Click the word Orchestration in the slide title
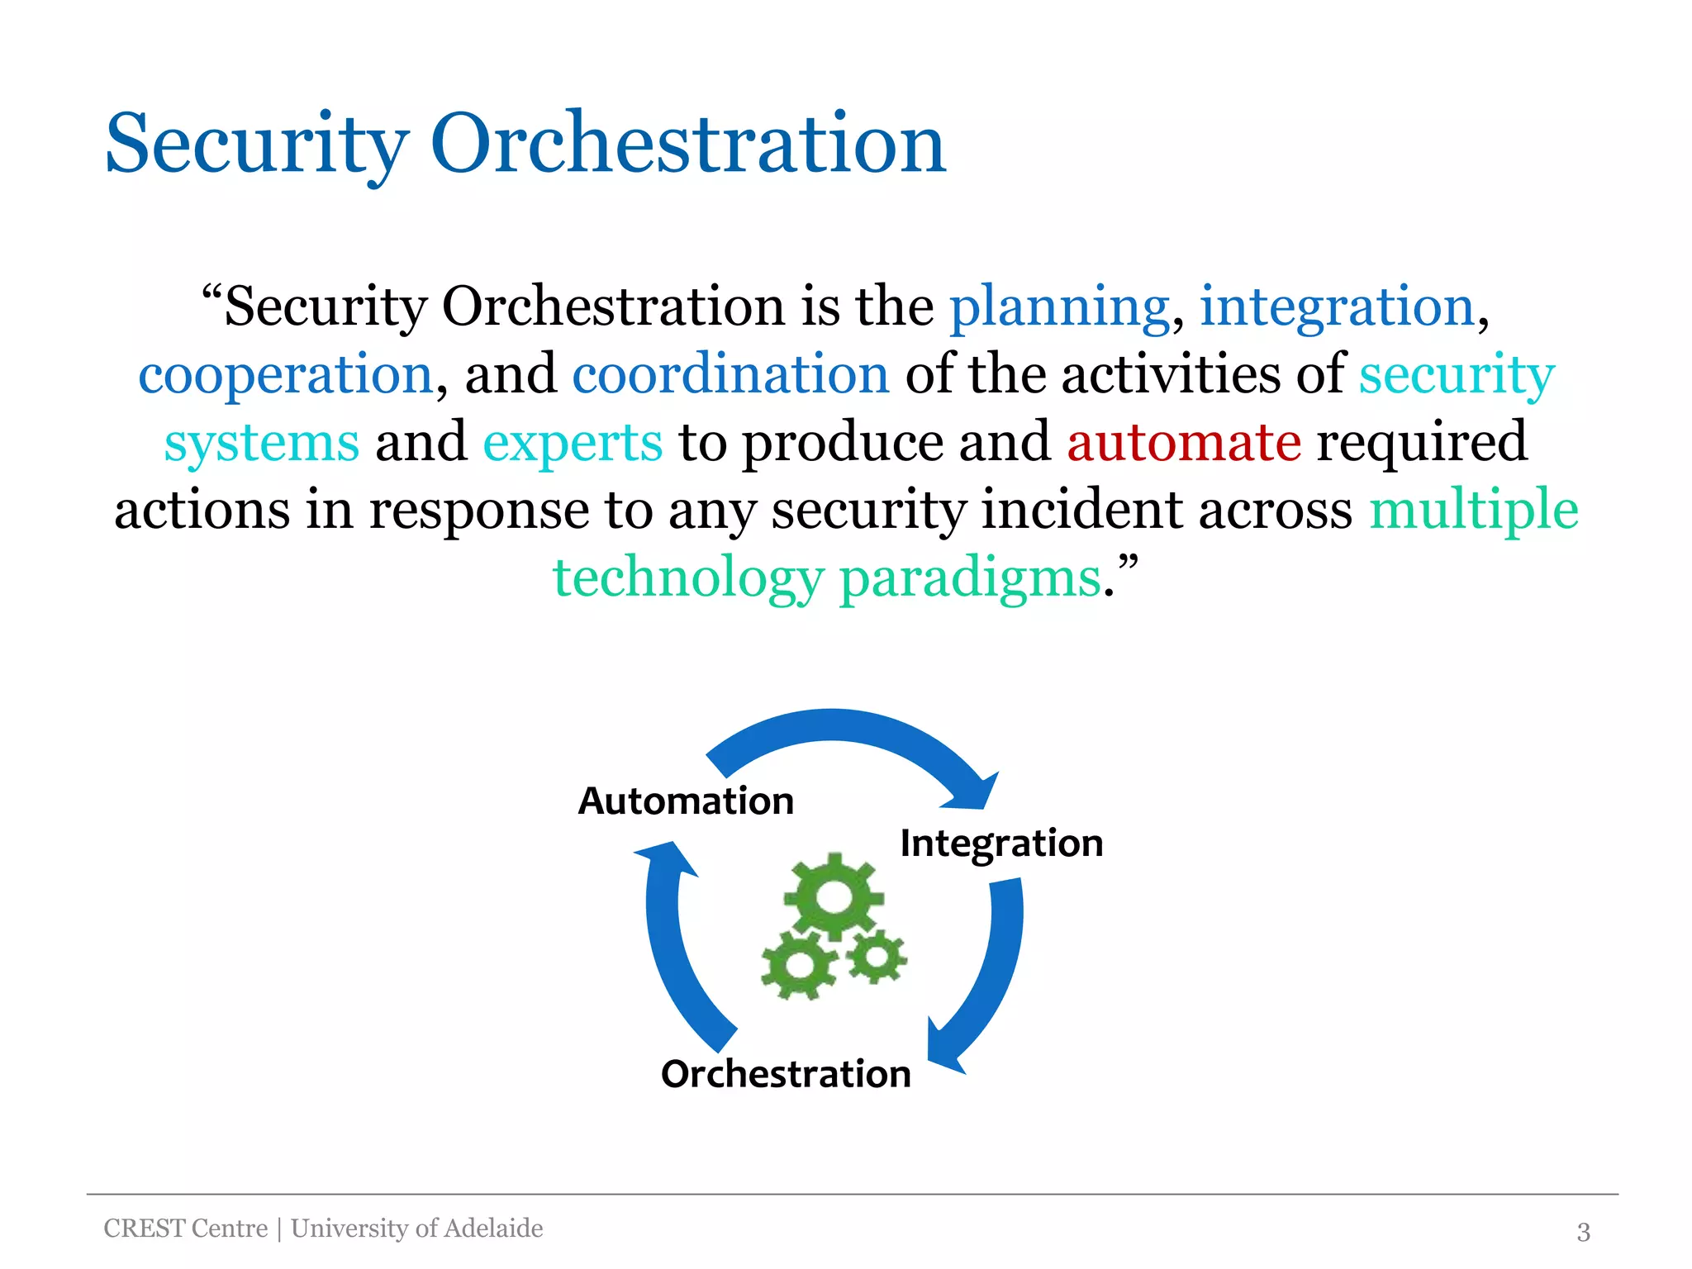click(x=687, y=144)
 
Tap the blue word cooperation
click(x=285, y=375)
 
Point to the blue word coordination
click(x=730, y=375)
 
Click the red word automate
click(x=1183, y=443)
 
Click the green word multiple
click(x=1473, y=511)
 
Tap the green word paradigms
click(x=970, y=578)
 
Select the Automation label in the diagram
click(x=686, y=801)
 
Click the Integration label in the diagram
click(x=1001, y=843)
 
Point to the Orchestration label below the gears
click(x=786, y=1074)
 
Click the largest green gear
click(x=833, y=897)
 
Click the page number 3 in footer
click(x=1583, y=1232)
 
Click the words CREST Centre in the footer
click(x=186, y=1229)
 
